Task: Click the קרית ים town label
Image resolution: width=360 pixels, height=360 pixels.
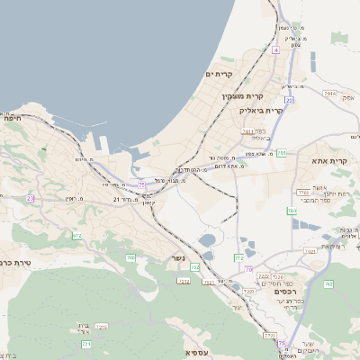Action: (219, 73)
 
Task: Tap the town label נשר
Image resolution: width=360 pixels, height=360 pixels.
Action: (178, 259)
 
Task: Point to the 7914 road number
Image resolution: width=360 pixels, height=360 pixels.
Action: (330, 93)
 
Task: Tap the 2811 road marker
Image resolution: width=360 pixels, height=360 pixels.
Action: (247, 131)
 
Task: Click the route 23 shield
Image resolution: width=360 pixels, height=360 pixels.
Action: (30, 199)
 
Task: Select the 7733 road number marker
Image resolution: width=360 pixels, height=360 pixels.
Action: (270, 336)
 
